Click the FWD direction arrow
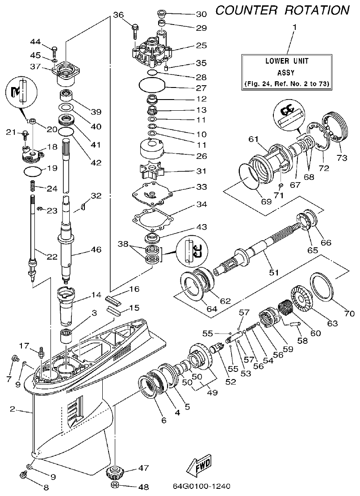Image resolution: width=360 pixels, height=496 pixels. [199, 465]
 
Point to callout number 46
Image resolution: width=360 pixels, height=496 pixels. [96, 250]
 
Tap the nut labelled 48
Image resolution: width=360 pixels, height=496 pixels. [114, 485]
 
